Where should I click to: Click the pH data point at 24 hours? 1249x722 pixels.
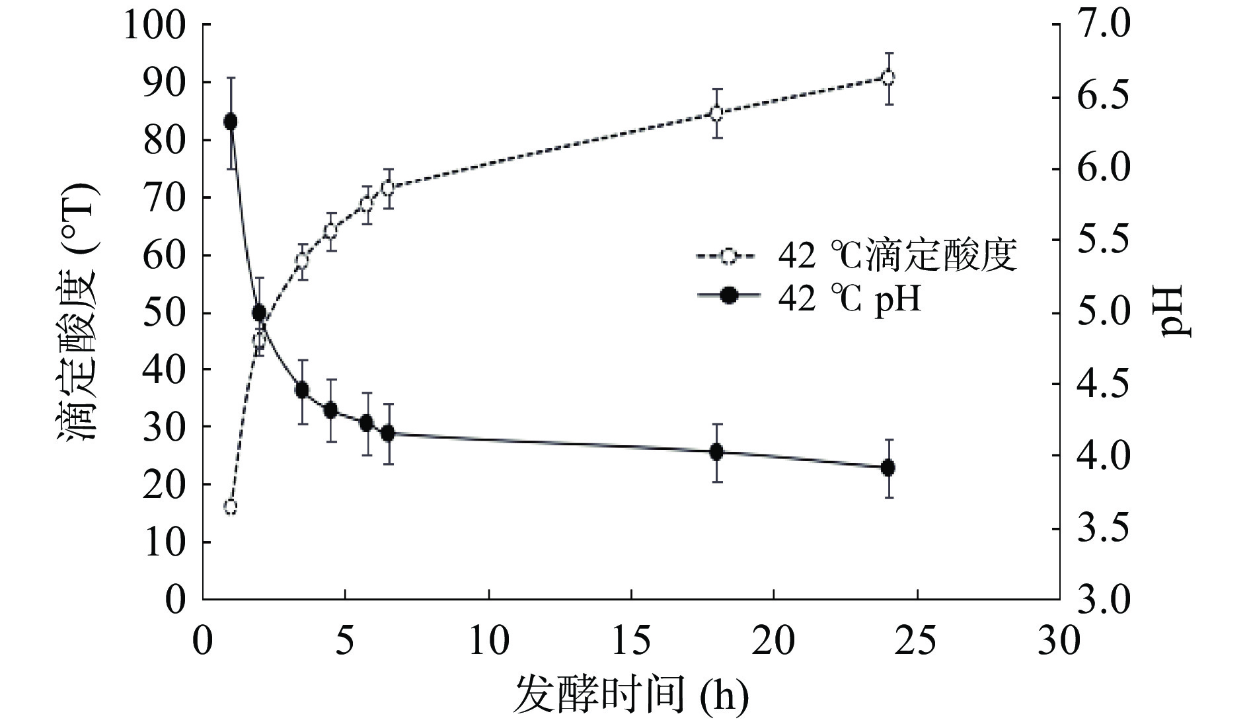(888, 468)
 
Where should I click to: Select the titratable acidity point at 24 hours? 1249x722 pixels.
(888, 77)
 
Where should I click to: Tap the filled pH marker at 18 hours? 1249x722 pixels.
(716, 452)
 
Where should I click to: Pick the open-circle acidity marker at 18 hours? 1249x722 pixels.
(716, 113)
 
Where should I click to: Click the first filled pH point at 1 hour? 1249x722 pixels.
(231, 122)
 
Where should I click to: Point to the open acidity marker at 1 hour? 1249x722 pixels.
(231, 507)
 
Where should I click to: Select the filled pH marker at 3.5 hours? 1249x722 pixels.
(302, 390)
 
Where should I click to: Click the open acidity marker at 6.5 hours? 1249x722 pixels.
(388, 188)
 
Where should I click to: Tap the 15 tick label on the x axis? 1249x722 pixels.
(631, 640)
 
